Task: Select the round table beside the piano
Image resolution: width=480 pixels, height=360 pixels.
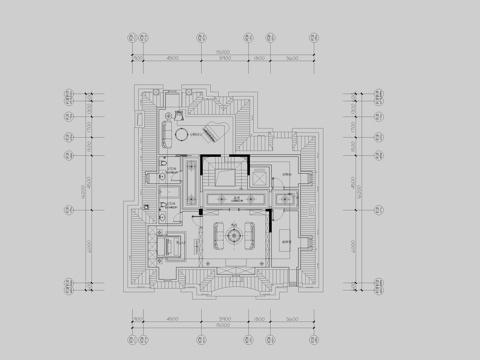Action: (181, 134)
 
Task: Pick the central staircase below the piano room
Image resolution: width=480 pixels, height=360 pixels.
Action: (223, 178)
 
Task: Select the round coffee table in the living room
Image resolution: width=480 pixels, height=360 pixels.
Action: (237, 236)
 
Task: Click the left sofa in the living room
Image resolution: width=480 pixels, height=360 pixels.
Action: (213, 236)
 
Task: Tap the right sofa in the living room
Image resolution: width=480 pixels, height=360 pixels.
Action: (263, 236)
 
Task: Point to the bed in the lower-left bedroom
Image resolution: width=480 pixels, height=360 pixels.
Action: (169, 245)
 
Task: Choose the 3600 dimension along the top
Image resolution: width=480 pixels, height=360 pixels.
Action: (294, 59)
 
